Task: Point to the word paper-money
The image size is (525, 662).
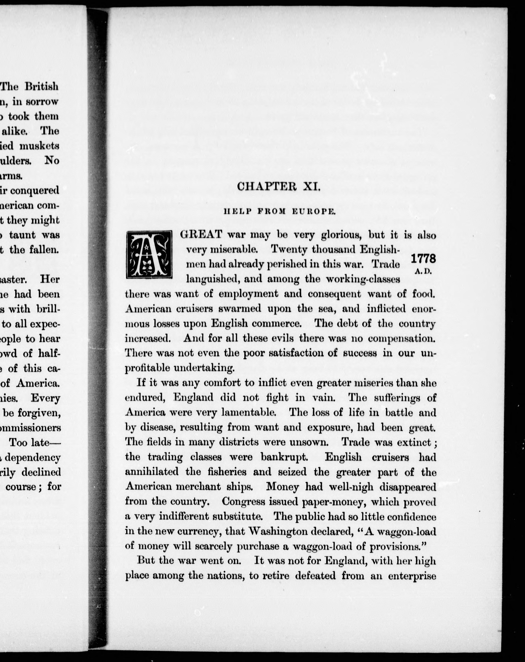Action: (335, 502)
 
